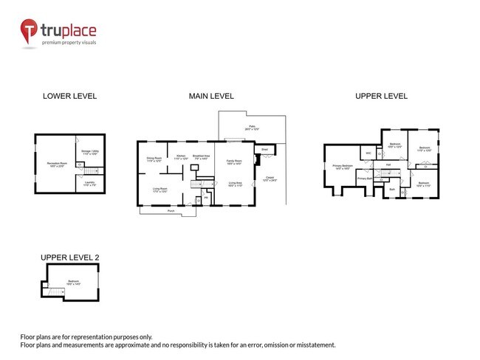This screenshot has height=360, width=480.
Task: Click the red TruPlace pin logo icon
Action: click(28, 31)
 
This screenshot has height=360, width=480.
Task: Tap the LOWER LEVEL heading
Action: click(69, 96)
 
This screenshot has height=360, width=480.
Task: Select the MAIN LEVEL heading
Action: click(211, 96)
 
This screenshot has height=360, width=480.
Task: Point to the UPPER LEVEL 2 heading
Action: click(69, 257)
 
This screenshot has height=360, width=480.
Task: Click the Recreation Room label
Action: click(53, 163)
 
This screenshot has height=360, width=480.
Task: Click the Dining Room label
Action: click(154, 158)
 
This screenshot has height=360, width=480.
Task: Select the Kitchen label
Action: click(181, 156)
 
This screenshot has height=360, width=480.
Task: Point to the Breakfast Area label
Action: click(199, 156)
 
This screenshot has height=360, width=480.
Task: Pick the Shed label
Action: click(264, 149)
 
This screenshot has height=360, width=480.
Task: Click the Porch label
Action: click(171, 210)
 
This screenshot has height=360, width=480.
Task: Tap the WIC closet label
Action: click(368, 153)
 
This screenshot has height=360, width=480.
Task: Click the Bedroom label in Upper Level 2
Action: click(74, 282)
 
